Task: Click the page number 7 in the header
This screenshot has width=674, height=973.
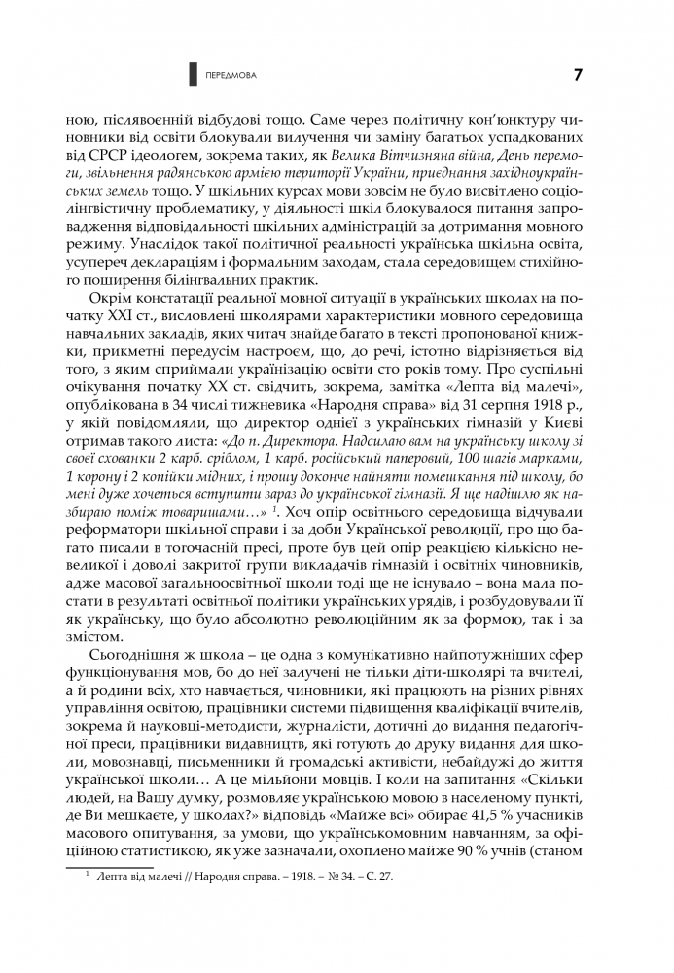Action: point(578,74)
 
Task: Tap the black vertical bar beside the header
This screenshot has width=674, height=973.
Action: point(193,74)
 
